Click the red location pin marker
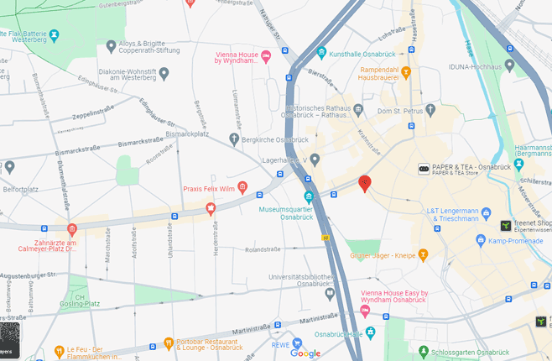point(364,183)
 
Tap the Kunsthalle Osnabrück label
point(366,53)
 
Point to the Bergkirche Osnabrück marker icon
point(234,139)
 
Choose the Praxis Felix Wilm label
point(209,189)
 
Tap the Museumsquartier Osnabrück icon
point(309,197)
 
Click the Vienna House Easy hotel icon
point(364,311)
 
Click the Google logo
point(305,353)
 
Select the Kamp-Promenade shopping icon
point(481,241)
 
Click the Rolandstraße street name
point(262,249)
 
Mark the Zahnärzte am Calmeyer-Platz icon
point(72,229)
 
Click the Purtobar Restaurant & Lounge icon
point(169,343)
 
